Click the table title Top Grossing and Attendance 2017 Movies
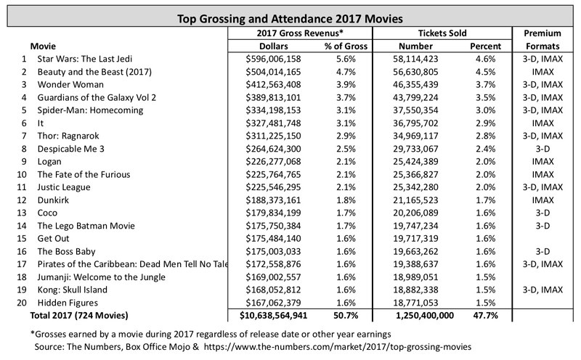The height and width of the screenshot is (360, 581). pyautogui.click(x=290, y=19)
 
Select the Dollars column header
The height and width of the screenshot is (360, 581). pyautogui.click(x=274, y=46)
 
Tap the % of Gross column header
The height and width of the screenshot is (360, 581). pyautogui.click(x=346, y=46)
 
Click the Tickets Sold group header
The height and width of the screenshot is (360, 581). pyautogui.click(x=442, y=33)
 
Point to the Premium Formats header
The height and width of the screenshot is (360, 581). pyautogui.click(x=543, y=40)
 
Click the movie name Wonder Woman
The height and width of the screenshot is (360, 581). pyautogui.click(x=70, y=84)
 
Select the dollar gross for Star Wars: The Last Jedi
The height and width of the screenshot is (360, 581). pyautogui.click(x=273, y=59)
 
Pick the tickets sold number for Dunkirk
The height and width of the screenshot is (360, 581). pyautogui.click(x=415, y=200)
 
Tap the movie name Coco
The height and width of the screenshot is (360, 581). pyautogui.click(x=47, y=213)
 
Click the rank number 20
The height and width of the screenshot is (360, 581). pyautogui.click(x=22, y=303)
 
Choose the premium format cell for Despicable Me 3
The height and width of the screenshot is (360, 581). pyautogui.click(x=543, y=149)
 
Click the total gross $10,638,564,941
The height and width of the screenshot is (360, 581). pyautogui.click(x=273, y=316)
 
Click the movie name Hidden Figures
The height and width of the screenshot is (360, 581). pyautogui.click(x=68, y=303)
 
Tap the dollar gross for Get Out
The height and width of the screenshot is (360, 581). pyautogui.click(x=273, y=239)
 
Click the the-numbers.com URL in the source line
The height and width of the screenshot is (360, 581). pyautogui.click(x=338, y=347)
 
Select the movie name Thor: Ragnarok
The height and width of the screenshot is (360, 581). pyautogui.click(x=68, y=136)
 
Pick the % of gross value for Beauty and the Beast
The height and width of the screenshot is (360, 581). pyautogui.click(x=346, y=72)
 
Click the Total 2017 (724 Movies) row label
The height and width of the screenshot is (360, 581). pyautogui.click(x=79, y=316)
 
